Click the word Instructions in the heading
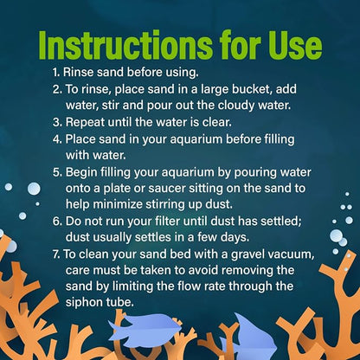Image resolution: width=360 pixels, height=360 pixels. (125, 45)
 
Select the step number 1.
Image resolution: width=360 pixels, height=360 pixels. (56, 72)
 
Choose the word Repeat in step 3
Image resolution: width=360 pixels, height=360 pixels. (85, 122)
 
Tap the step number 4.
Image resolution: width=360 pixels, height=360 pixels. (57, 139)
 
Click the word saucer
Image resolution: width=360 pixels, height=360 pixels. (167, 189)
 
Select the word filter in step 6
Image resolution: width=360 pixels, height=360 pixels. (168, 222)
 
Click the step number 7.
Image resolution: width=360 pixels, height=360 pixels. (56, 254)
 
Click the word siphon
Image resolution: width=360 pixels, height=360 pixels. (82, 302)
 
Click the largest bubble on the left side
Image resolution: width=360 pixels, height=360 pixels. (34, 189)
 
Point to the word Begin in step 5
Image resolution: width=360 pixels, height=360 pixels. (81, 172)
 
